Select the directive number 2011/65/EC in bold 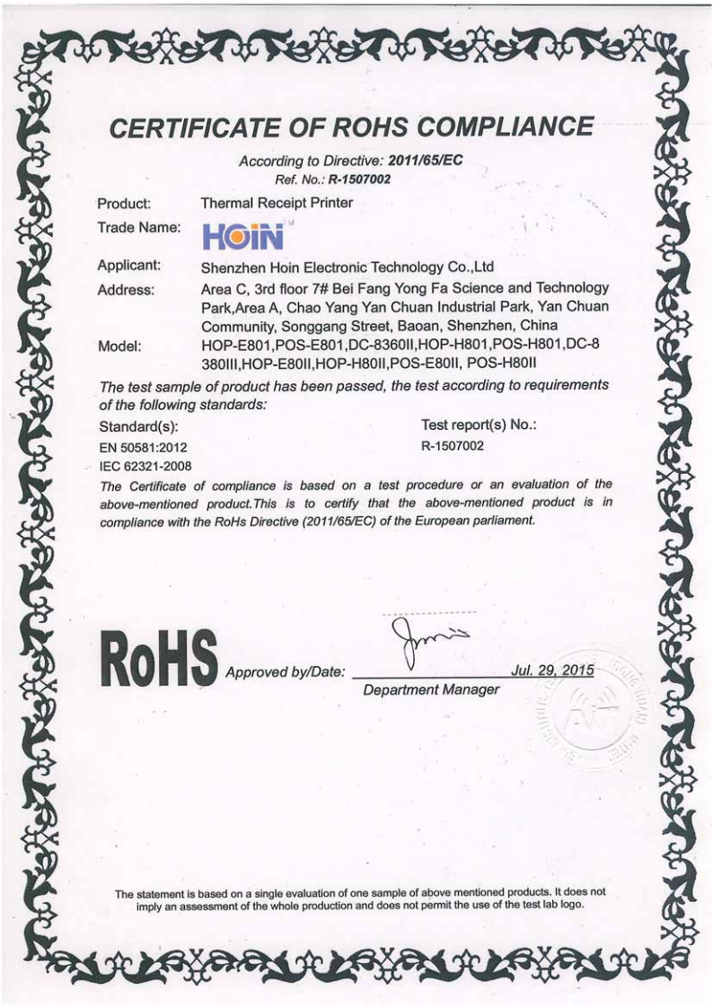pyautogui.click(x=424, y=163)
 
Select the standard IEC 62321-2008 pyautogui.click(x=144, y=465)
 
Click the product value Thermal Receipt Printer pyautogui.click(x=277, y=204)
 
